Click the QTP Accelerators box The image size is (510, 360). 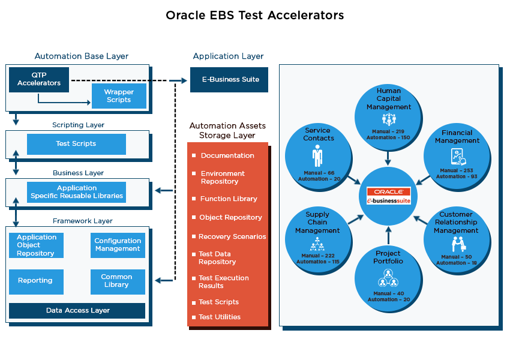(39, 79)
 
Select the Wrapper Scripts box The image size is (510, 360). (119, 96)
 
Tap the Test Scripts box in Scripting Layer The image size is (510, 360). (76, 144)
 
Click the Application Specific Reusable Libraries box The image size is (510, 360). (76, 192)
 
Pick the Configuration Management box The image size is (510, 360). (118, 245)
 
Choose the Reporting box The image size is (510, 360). (35, 281)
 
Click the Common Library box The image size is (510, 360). (118, 281)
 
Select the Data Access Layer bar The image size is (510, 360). (77, 311)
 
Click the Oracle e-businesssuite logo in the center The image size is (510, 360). (389, 196)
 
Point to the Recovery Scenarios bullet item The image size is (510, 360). (232, 236)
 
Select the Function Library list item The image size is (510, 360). (229, 199)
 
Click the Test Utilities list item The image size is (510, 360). (219, 317)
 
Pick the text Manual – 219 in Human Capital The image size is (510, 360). (389, 130)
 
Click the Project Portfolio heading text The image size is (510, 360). (389, 257)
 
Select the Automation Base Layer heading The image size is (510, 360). (82, 56)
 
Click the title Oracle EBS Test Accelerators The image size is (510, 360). (255, 15)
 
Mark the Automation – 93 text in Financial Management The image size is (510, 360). (457, 176)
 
